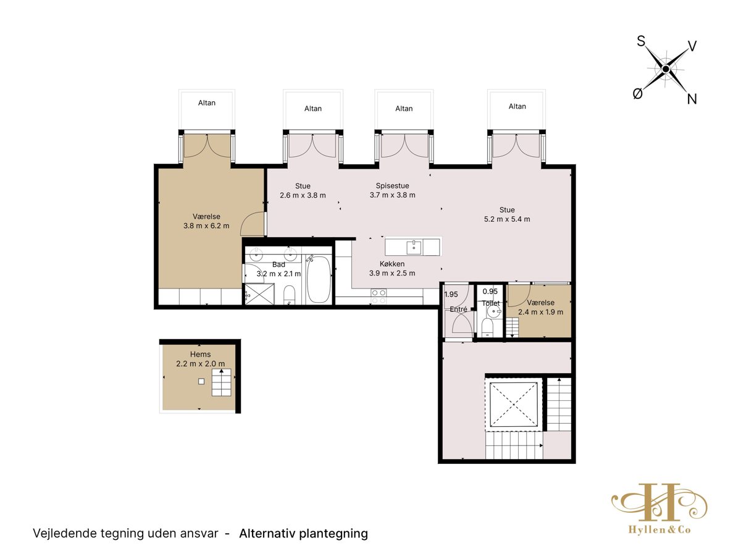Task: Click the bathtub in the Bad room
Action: click(x=319, y=279)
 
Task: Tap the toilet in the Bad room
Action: click(x=290, y=295)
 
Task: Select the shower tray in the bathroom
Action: click(x=259, y=293)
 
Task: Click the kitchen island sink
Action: click(x=414, y=247)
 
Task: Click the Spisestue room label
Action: click(x=392, y=186)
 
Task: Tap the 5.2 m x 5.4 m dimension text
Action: click(x=507, y=219)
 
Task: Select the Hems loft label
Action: click(x=200, y=354)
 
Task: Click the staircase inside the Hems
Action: click(x=222, y=382)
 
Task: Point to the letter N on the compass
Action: click(x=692, y=99)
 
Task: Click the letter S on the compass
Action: click(x=641, y=41)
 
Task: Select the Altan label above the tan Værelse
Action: click(x=207, y=103)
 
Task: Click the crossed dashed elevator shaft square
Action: click(x=513, y=404)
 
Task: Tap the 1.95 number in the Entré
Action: click(x=451, y=295)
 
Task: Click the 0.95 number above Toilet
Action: click(x=490, y=292)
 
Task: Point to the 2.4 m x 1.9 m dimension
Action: click(x=540, y=312)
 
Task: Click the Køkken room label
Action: click(x=392, y=264)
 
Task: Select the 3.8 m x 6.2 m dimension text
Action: click(x=206, y=226)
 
